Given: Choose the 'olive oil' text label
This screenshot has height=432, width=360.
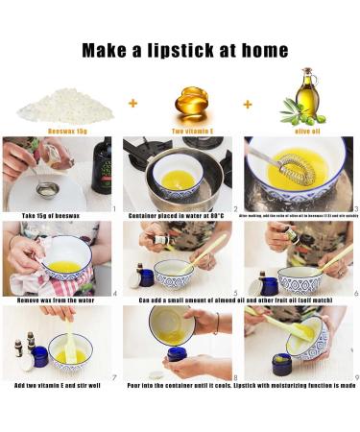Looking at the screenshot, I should click(305, 130).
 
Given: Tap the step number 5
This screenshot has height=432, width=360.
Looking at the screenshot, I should click(235, 293).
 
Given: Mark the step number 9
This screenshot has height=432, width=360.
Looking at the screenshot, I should click(355, 376).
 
